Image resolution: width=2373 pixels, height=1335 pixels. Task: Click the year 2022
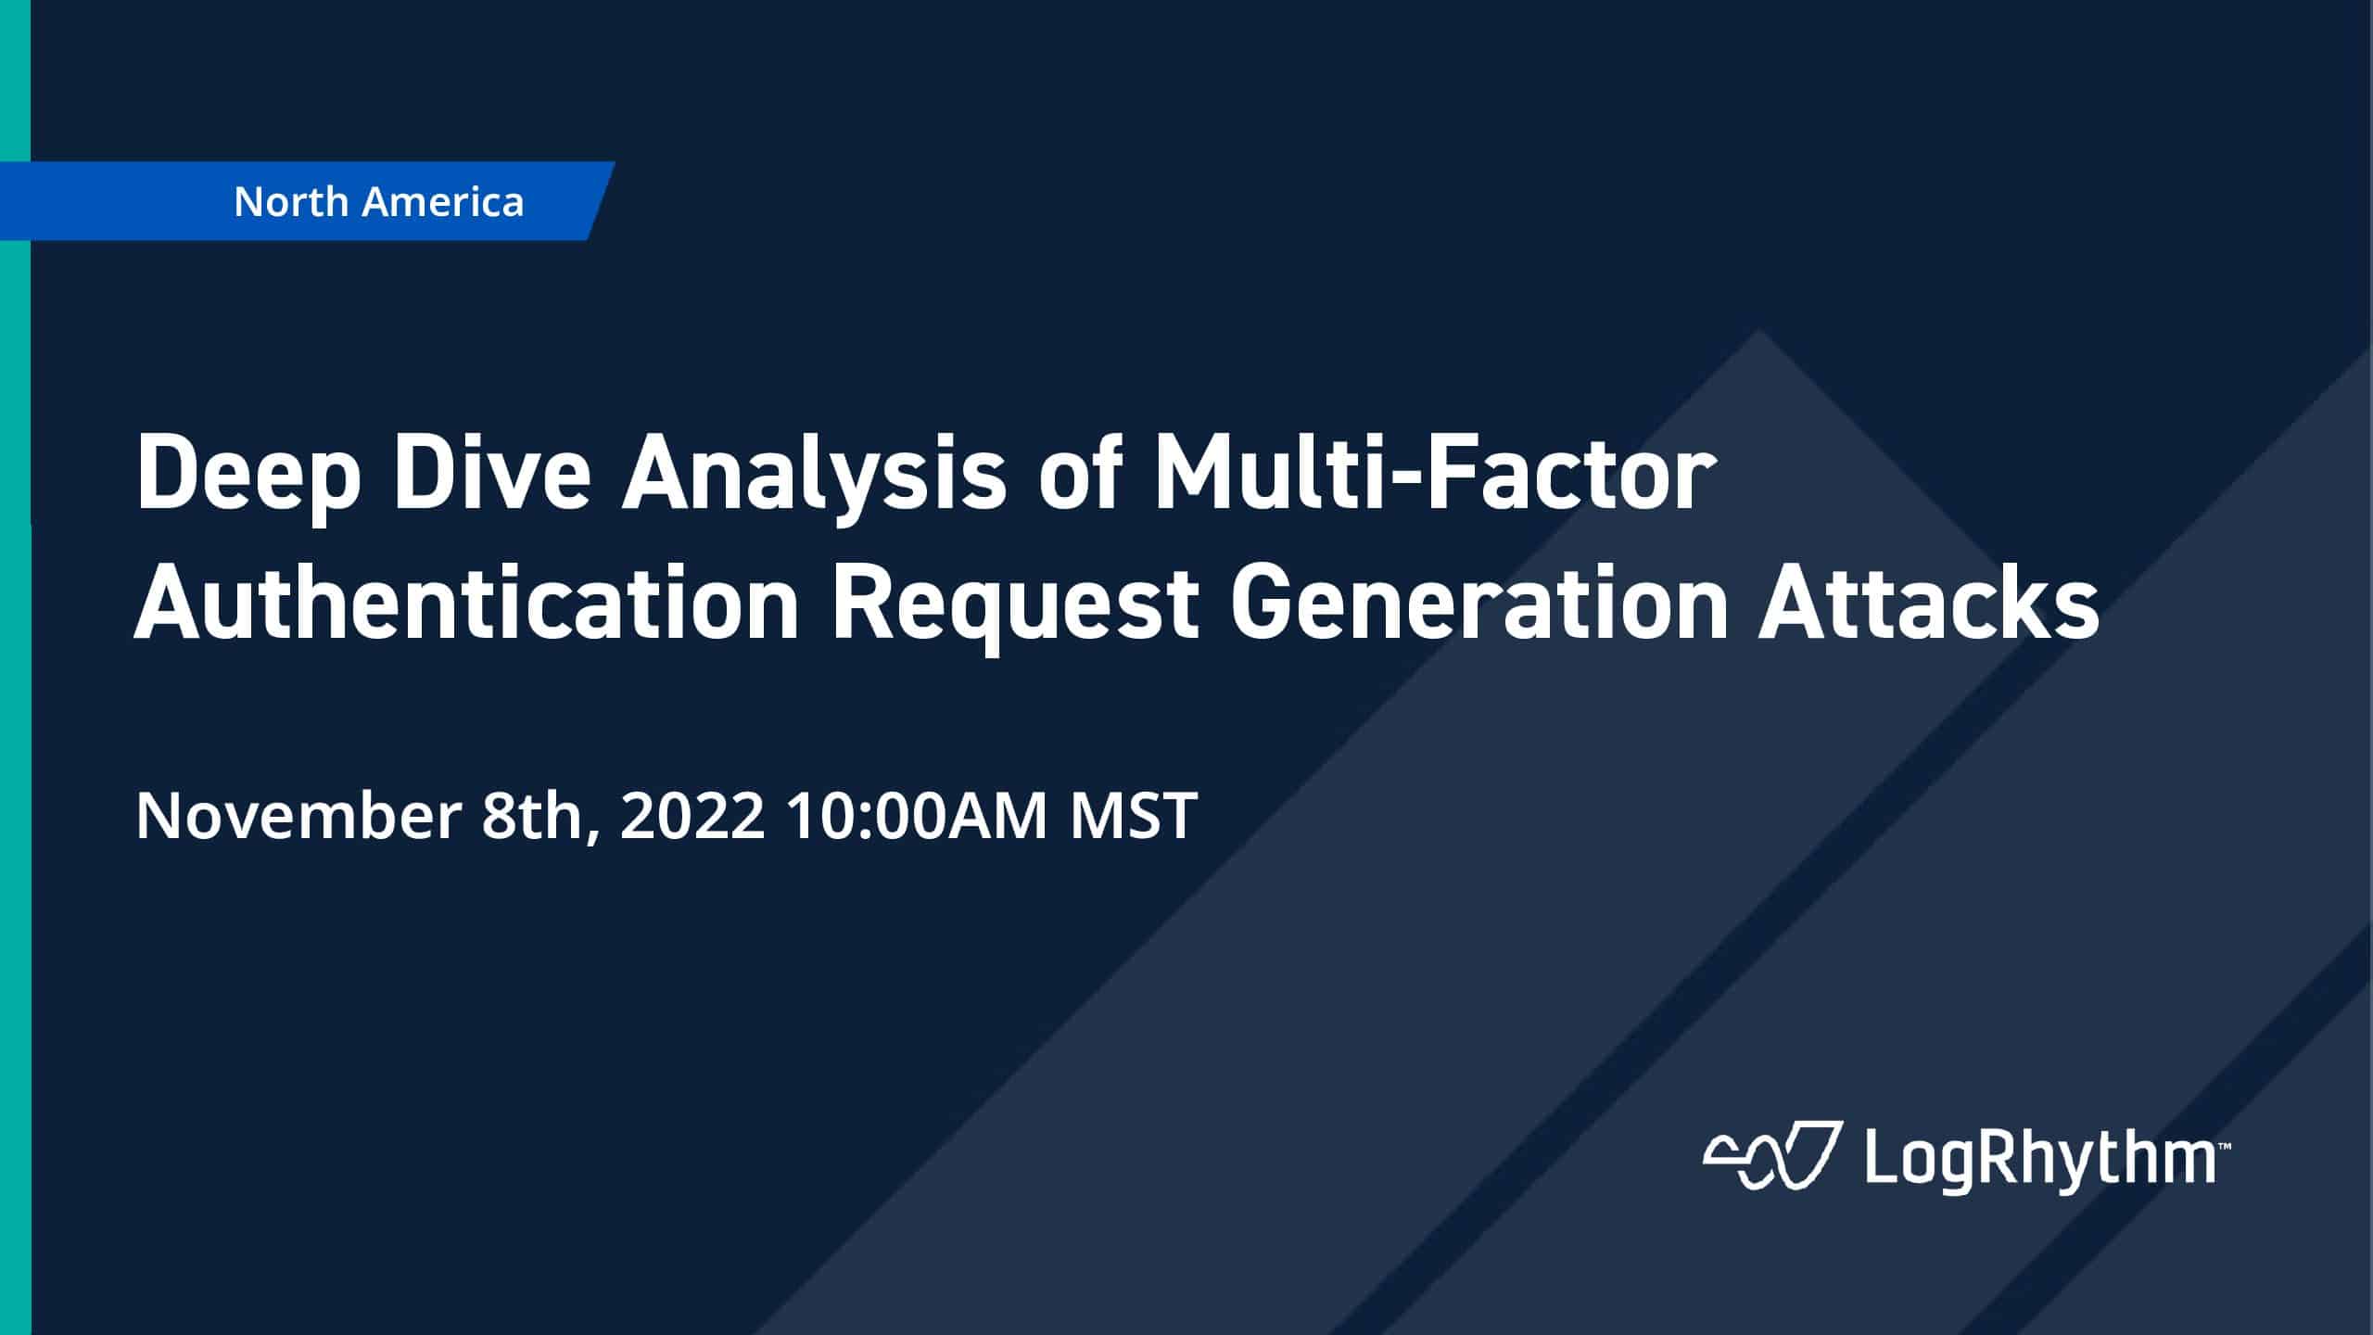point(692,816)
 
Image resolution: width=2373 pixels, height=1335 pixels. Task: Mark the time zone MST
point(1133,816)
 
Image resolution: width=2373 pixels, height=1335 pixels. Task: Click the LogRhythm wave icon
point(1769,1157)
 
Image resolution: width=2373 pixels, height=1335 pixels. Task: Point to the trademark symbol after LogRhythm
point(2223,1147)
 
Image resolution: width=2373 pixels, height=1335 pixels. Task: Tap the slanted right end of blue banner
point(601,201)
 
